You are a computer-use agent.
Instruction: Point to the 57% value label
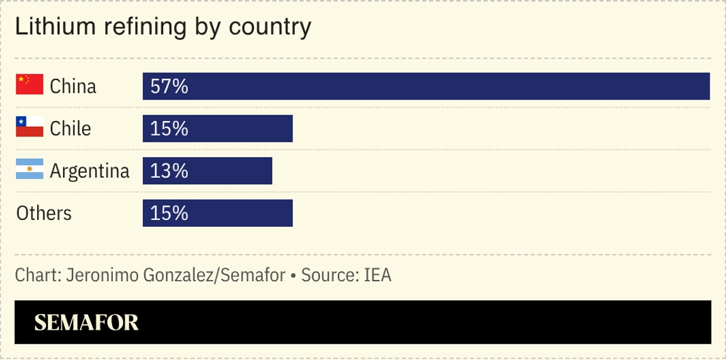point(170,86)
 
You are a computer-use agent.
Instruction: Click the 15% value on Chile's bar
point(170,129)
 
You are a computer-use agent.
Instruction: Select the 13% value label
point(170,171)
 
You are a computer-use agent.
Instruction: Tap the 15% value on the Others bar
point(170,213)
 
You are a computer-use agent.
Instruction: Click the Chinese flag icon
point(30,84)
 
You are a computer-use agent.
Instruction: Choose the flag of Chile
point(30,127)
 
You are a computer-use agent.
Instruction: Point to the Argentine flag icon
point(30,169)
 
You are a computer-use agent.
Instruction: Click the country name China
point(73,86)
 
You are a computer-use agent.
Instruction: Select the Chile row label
point(71,129)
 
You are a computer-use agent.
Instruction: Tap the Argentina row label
point(89,171)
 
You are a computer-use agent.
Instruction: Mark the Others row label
point(44,213)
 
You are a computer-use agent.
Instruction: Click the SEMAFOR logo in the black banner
point(86,323)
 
